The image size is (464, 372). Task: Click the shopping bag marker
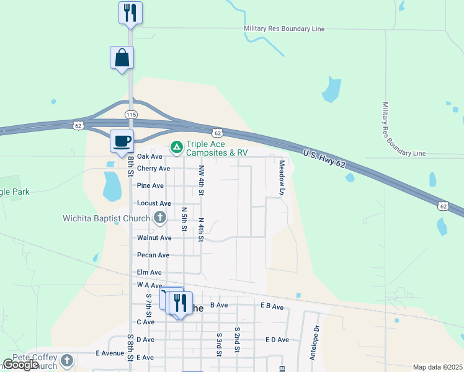[122, 58]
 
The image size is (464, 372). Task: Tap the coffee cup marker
[122, 140]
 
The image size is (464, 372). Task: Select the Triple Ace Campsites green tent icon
[177, 147]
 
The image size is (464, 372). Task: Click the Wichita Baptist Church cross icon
[160, 218]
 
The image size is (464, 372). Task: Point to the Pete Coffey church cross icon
[67, 360]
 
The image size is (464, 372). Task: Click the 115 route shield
[131, 115]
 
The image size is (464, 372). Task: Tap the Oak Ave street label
[149, 156]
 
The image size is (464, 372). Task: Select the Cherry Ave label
[153, 169]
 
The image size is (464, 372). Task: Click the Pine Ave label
[150, 185]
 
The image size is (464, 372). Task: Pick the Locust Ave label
[153, 203]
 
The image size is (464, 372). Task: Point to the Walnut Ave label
[154, 237]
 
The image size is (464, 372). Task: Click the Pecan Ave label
[153, 255]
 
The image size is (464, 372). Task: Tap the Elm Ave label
[149, 272]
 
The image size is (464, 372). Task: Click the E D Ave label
[277, 340]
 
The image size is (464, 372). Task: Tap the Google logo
[20, 365]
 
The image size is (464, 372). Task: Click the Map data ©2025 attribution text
[437, 367]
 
